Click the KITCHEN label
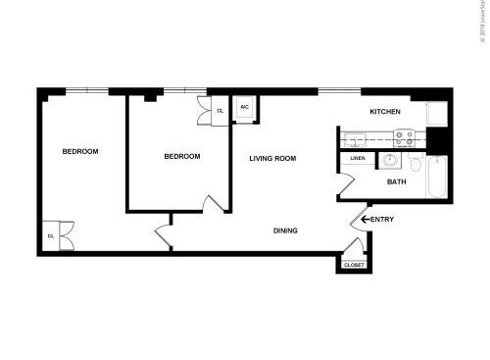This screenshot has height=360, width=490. [385, 113]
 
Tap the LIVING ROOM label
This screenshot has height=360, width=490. [271, 158]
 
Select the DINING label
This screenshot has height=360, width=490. [285, 231]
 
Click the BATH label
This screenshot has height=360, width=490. [397, 181]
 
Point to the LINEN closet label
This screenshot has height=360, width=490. [357, 159]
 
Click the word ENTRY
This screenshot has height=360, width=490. [383, 219]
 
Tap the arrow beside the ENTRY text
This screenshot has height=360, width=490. [366, 219]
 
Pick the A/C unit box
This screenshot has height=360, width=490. [245, 108]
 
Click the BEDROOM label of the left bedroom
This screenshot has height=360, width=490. [80, 151]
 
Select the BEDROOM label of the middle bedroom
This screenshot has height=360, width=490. [181, 156]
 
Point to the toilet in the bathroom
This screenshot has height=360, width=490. [416, 163]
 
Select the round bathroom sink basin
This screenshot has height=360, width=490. [389, 160]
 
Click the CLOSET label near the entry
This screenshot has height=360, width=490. [354, 265]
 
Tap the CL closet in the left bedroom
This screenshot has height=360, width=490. [51, 235]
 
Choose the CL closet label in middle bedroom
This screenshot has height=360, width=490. [220, 111]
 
